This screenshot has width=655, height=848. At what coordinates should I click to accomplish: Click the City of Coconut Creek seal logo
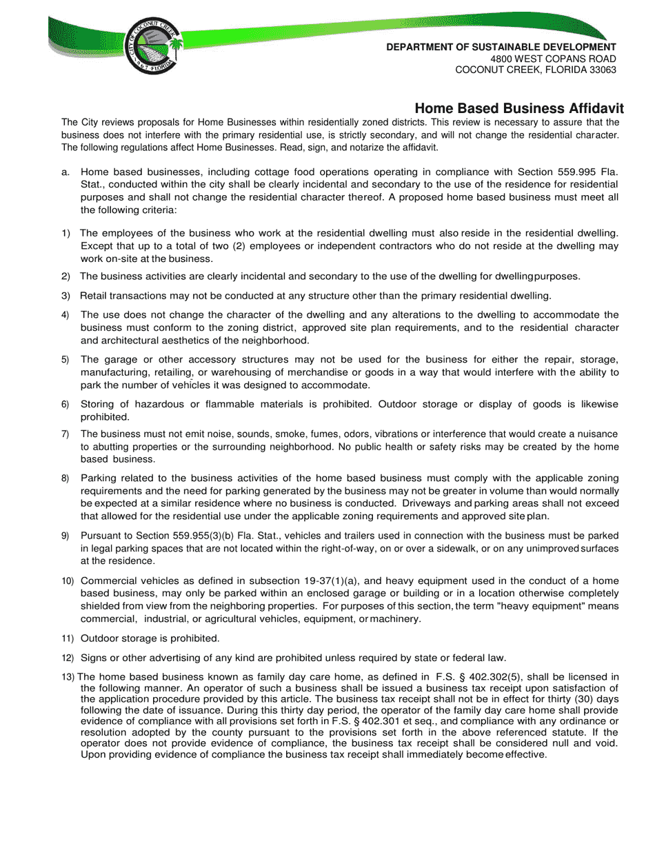[x=153, y=46]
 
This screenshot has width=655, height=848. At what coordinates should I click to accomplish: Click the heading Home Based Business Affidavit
[x=518, y=108]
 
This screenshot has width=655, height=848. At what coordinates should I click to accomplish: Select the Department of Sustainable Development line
[x=501, y=47]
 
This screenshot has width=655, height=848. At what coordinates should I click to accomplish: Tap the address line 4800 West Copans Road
[x=553, y=59]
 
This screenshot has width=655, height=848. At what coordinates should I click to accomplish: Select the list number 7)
[x=65, y=434]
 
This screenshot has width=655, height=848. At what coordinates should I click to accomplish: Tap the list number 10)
[x=68, y=581]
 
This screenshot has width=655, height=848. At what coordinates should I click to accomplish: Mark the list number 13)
[x=68, y=677]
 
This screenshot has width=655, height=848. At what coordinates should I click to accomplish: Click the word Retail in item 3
[x=94, y=296]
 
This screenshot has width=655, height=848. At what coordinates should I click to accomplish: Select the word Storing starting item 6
[x=99, y=404]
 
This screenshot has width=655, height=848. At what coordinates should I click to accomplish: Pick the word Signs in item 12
[x=94, y=658]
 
